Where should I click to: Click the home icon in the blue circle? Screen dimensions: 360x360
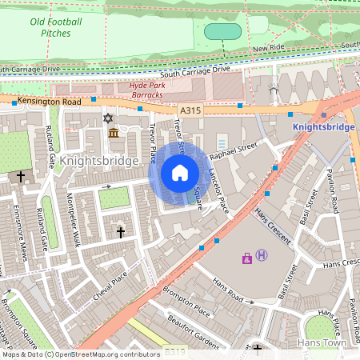[180, 173]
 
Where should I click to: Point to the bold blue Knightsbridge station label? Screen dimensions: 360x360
[323, 126]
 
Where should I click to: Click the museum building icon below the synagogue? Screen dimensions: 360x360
[113, 132]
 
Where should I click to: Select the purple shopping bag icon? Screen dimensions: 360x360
[246, 258]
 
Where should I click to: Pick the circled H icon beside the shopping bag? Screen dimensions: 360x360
[262, 256]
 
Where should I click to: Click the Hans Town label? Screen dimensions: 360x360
[319, 342]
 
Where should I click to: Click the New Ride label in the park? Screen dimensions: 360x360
[269, 49]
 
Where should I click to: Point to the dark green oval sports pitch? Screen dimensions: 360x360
[222, 32]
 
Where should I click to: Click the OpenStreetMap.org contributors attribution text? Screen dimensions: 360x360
[107, 354]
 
